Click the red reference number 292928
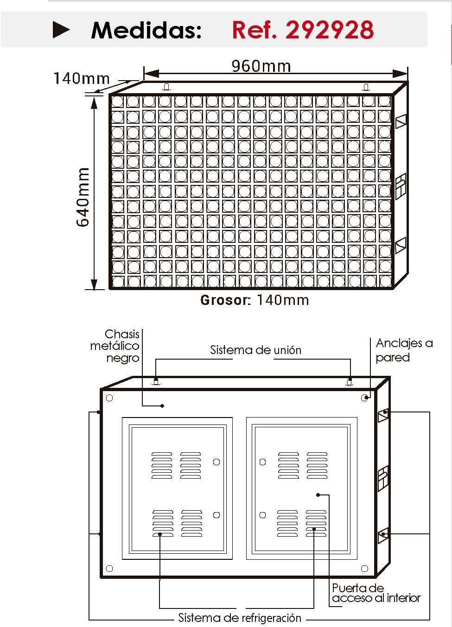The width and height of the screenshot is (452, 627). click(330, 30)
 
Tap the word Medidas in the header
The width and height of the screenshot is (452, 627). click(146, 30)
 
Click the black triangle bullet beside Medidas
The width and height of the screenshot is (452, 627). click(61, 30)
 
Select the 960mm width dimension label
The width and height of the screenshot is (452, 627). click(261, 66)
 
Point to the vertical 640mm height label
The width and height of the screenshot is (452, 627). click(83, 197)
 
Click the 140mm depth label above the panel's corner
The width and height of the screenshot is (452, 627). click(82, 78)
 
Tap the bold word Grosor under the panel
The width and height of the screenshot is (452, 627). click(225, 300)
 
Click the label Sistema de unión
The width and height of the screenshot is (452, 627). click(256, 350)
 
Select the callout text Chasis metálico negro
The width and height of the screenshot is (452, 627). click(115, 346)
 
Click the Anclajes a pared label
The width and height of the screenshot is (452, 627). click(404, 350)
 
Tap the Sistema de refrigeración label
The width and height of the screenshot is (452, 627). click(240, 617)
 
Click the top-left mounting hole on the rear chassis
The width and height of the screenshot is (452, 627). click(109, 398)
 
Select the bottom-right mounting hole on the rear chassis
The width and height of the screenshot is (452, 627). click(365, 569)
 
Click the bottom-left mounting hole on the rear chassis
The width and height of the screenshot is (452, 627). click(109, 569)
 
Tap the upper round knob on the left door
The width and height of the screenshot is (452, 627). click(216, 462)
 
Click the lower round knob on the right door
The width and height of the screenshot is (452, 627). click(262, 515)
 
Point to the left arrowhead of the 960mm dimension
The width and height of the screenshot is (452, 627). click(151, 74)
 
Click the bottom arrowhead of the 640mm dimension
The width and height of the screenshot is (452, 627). click(94, 284)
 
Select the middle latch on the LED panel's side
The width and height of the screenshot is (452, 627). click(401, 186)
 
